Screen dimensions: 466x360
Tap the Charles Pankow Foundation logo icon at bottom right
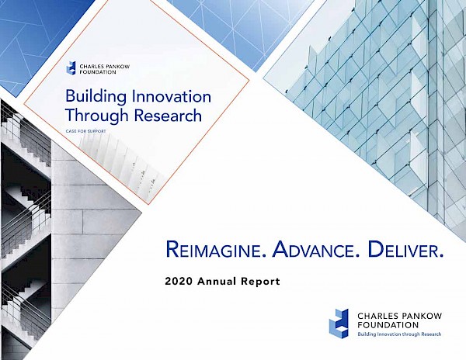coord(339,324)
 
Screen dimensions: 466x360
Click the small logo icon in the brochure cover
coord(71,68)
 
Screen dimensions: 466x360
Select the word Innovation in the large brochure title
coord(171,97)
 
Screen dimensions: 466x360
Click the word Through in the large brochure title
coord(97,116)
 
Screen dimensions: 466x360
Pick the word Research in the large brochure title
coord(168,116)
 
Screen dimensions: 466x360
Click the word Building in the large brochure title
coord(96,97)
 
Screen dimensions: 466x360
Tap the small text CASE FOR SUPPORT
coord(85,131)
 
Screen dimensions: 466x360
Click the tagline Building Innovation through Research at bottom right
coord(399,334)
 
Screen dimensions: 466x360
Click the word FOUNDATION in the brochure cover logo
coord(98,72)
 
